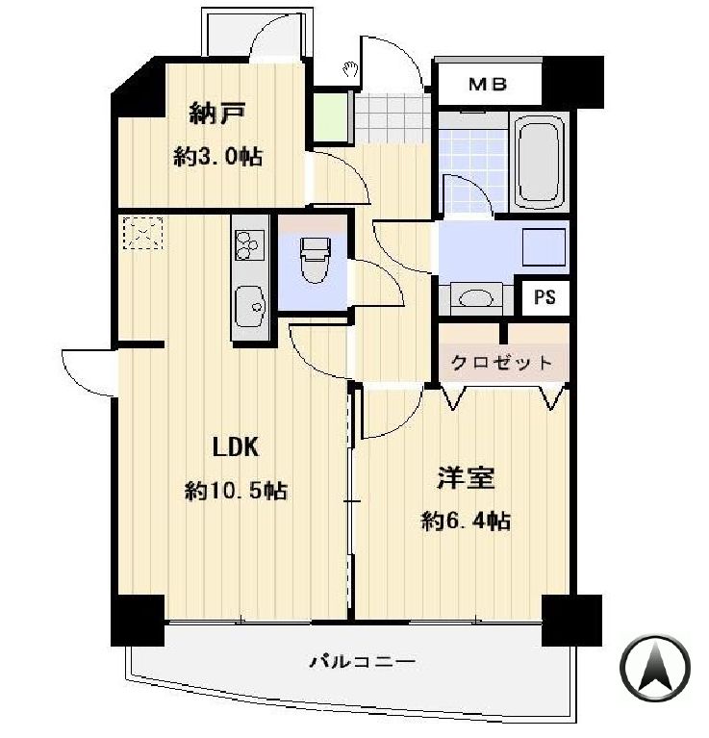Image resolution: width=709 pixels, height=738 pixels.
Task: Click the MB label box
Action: click(x=488, y=85)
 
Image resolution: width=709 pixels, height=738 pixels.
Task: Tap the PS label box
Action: click(x=544, y=297)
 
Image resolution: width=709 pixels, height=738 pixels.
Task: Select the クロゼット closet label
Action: click(x=502, y=363)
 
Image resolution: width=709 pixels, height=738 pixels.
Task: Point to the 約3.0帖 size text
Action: click(x=218, y=157)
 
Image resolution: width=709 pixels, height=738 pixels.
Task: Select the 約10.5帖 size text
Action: click(x=236, y=491)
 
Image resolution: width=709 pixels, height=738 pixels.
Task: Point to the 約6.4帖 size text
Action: click(x=466, y=522)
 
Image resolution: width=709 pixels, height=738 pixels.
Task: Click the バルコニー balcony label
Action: click(x=363, y=662)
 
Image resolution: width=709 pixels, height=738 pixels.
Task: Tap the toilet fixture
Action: click(x=314, y=262)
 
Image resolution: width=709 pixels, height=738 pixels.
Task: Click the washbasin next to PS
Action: click(x=476, y=297)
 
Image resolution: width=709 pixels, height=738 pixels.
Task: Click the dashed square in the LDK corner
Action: click(x=142, y=233)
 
